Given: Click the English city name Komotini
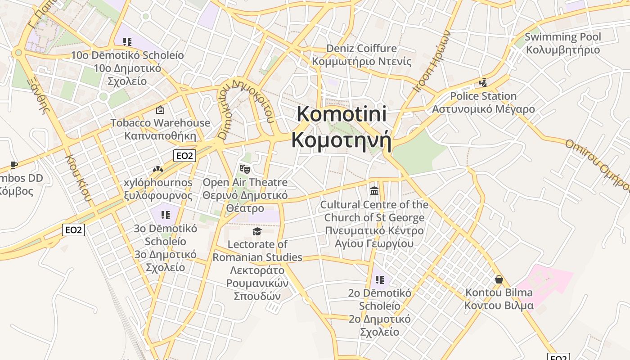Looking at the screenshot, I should coord(342,114).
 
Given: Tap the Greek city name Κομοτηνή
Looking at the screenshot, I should coord(341,140).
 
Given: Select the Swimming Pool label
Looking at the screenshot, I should coord(562,37).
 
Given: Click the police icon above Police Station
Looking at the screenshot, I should coord(483,83).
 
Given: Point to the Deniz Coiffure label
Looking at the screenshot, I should coord(361,49).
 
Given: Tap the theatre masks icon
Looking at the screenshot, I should coord(245,169).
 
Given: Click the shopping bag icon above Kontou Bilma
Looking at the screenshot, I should coord(499,279).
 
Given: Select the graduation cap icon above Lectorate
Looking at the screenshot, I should coord(257,231).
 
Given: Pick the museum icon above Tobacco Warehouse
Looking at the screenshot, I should coord(160,110).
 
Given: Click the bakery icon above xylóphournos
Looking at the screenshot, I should coord(157,169).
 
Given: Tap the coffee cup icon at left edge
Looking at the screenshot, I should coord(14,165).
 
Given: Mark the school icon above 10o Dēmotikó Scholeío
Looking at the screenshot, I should coord(127,42).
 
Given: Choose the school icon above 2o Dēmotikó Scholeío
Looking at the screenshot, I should coord(379,280).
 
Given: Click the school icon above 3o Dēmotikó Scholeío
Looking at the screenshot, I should coord(165,215).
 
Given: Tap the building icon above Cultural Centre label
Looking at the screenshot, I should coord(374,191).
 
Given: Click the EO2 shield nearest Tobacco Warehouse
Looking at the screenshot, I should coord(185,156).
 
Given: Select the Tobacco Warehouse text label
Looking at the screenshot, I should coord(160,123).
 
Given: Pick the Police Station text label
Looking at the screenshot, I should coord(483,96).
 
